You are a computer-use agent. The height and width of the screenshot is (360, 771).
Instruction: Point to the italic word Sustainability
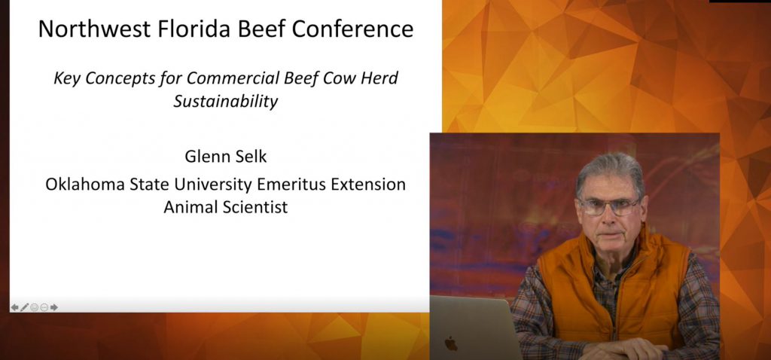click(225, 102)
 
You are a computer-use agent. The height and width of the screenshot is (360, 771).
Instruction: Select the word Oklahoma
click(85, 184)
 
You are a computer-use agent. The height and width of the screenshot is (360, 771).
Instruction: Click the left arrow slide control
click(15, 307)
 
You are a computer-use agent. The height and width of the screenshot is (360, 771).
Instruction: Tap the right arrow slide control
click(54, 307)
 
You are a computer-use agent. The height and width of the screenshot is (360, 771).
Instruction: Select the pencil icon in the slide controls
click(25, 307)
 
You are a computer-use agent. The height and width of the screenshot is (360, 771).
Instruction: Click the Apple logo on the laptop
click(451, 343)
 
